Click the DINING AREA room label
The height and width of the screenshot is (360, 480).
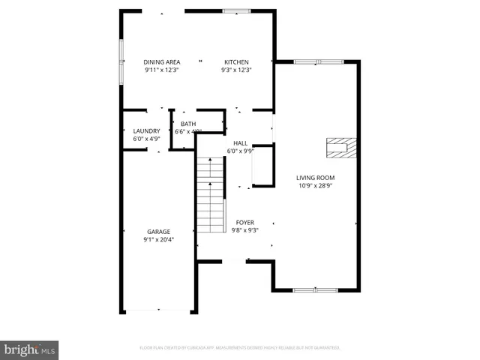coord(162,62)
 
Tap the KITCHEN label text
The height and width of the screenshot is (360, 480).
coord(235,62)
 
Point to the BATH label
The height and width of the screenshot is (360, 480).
coord(188,124)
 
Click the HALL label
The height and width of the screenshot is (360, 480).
coord(240,142)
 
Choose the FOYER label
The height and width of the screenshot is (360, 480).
coord(245,223)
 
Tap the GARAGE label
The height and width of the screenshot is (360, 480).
coord(158,232)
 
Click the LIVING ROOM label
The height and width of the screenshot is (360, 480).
coord(315,177)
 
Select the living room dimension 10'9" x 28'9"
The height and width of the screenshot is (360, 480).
coord(315,185)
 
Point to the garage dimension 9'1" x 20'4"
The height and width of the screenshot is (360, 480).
coord(158,240)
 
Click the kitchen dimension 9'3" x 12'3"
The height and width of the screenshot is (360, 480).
coord(235,70)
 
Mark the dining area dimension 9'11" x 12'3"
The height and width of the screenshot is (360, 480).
coord(162,70)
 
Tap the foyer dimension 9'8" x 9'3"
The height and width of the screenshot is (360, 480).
coord(245,231)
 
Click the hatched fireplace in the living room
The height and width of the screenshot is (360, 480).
coord(340,148)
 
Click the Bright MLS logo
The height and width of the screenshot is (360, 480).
coord(29,349)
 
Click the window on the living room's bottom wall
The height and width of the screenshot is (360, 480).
coord(314,289)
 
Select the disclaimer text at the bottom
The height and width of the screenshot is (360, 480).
coord(240,348)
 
